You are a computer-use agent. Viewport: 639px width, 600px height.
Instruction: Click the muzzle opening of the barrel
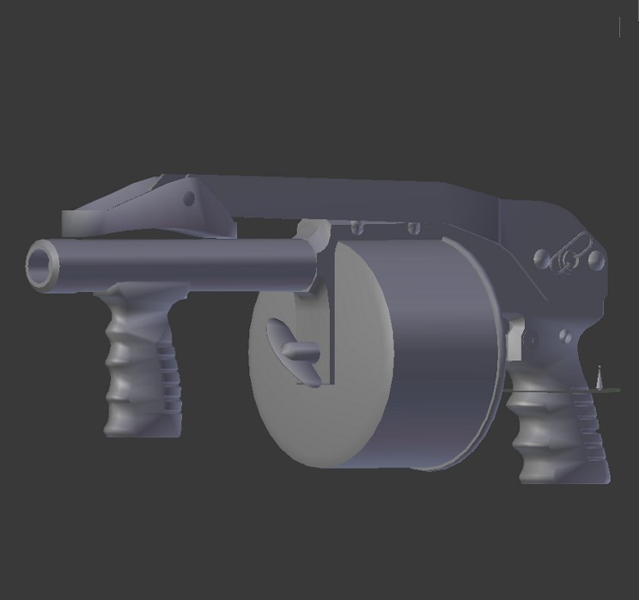click(40, 264)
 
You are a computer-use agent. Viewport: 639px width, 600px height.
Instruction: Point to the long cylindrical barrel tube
click(180, 262)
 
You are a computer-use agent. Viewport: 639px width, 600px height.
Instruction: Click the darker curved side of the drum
click(447, 361)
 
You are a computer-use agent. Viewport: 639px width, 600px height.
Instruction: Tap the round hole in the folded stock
click(189, 199)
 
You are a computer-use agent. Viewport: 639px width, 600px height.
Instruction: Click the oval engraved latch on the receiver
click(569, 255)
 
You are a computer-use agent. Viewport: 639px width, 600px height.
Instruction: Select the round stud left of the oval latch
click(542, 257)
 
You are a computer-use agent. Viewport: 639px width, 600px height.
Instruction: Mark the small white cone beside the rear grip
click(599, 377)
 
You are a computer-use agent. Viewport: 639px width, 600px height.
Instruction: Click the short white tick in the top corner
click(620, 27)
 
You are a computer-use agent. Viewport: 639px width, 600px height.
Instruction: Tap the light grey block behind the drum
click(515, 339)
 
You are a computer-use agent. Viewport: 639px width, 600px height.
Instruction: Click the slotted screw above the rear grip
click(564, 336)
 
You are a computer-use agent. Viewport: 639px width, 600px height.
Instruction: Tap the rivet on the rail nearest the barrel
click(354, 227)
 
